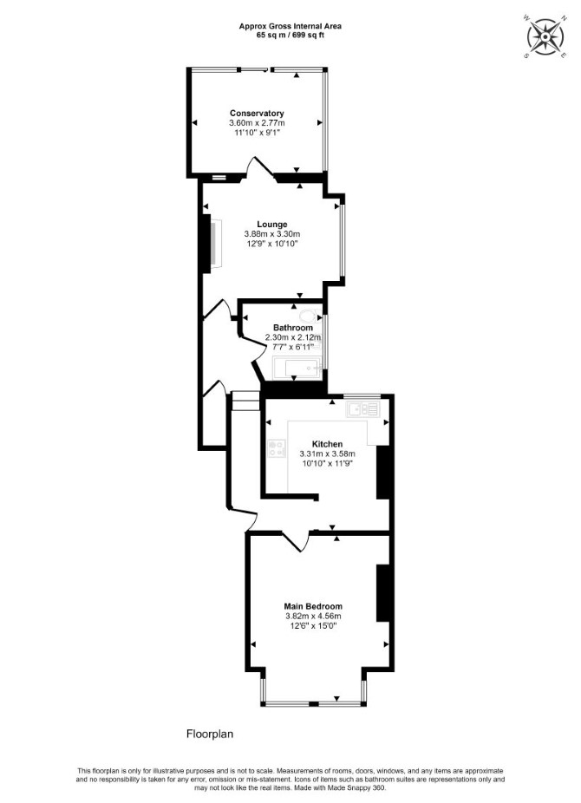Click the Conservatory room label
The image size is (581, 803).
click(x=257, y=114)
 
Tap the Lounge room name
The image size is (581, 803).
click(x=271, y=225)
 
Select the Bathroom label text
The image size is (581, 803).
click(x=293, y=328)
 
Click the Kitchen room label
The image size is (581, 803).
click(x=327, y=444)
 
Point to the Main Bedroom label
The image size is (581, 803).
click(x=313, y=606)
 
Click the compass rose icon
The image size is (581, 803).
click(x=545, y=37)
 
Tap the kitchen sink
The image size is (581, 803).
click(x=363, y=408)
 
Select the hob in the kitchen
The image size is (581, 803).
click(x=277, y=448)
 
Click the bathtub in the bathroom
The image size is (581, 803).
click(x=297, y=369)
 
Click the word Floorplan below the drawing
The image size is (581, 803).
click(x=210, y=734)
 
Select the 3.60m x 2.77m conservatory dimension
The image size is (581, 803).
click(x=257, y=123)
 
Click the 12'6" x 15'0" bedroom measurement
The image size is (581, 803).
click(x=313, y=625)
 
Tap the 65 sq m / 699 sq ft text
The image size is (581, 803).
click(x=290, y=35)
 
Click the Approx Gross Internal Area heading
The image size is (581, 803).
click(x=290, y=26)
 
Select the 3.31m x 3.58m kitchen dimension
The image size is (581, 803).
click(x=327, y=454)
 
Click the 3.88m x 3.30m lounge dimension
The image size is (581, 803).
click(x=272, y=234)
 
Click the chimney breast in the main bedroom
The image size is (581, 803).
click(x=383, y=593)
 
